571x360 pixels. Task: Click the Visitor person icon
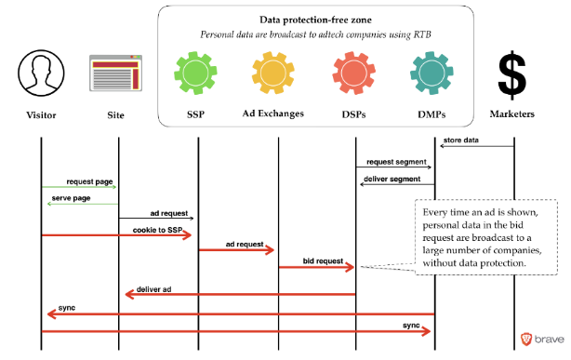pos(41,73)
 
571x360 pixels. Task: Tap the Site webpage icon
pos(116,73)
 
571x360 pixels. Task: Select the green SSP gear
pos(195,73)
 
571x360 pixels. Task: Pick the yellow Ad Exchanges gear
pos(273,73)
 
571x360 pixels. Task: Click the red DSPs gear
pos(353,73)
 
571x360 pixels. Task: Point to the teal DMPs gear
pos(432,73)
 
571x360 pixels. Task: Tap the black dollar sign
pos(512,75)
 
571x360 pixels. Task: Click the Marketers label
pos(512,114)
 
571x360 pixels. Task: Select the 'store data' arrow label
pos(461,140)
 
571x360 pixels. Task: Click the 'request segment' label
pos(396,162)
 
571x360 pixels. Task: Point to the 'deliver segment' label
pos(392,179)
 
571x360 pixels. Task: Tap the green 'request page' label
pos(89,181)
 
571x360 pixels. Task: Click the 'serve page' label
pos(71,198)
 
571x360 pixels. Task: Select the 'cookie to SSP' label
pos(158,230)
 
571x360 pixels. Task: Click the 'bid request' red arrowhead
pos(350,268)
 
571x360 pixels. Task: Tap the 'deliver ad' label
pos(153,289)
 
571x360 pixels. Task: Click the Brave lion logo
pos(525,339)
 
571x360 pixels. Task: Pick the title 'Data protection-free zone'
pos(316,20)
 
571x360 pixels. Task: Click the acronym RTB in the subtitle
pos(422,34)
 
